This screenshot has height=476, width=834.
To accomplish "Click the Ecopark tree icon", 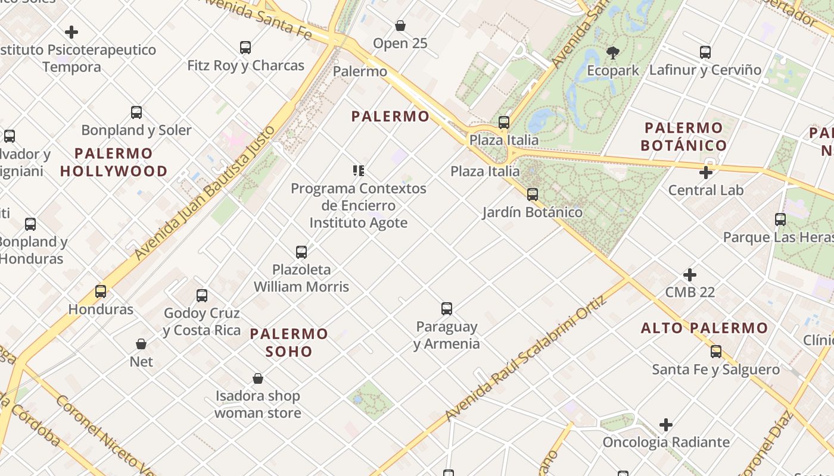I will (612, 53).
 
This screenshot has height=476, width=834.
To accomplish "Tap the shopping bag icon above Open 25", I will (400, 26).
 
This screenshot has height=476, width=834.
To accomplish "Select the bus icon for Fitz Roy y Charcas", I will (245, 48).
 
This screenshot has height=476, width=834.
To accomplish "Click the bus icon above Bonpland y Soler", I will (136, 112).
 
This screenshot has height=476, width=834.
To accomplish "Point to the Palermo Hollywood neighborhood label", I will (113, 162).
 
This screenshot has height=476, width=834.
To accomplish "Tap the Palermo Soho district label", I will (289, 342).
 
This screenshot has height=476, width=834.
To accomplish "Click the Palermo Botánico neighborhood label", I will (683, 136).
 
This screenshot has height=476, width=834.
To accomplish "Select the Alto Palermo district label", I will (704, 328).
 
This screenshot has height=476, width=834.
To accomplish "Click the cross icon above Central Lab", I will (706, 173).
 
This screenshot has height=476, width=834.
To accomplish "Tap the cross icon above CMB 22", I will (690, 275).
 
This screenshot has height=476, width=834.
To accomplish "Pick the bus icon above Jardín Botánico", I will (533, 195).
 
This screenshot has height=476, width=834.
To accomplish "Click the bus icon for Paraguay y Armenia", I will (447, 309).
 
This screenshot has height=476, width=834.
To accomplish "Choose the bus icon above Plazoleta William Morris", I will (301, 252).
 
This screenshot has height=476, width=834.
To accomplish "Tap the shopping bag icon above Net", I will (141, 344).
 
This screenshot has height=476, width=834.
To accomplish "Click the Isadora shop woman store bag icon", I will (258, 378).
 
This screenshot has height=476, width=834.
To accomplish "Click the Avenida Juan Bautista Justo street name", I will (206, 193).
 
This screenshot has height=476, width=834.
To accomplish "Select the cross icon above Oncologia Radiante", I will (666, 425).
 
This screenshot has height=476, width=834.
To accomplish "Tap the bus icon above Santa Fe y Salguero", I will (716, 352).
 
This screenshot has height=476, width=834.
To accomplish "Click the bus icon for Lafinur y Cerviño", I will (705, 52).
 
